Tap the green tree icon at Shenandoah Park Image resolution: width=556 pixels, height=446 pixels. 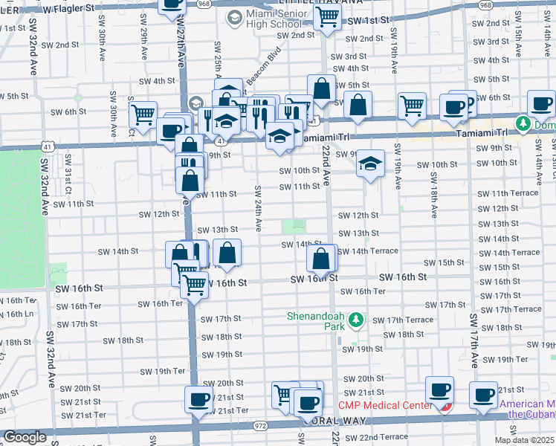click(357, 320)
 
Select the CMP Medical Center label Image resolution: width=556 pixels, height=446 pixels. click(385, 405)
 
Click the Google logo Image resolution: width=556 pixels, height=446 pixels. click(25, 437)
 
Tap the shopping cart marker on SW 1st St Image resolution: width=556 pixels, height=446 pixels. click(327, 17)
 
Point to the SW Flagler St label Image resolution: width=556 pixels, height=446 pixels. click(70, 8)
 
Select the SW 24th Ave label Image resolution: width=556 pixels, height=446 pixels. click(258, 207)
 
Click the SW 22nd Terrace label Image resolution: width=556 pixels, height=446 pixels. click(376, 436)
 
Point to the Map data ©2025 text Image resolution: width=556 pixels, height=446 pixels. click(524, 439)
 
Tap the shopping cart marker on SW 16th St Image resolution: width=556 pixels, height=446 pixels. click(194, 284)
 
